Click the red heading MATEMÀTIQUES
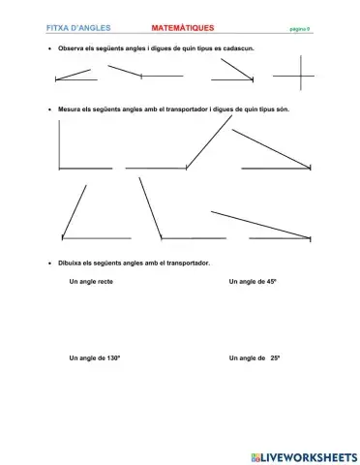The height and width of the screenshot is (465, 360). point(181,28)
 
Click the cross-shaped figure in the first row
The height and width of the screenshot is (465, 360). point(294,75)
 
